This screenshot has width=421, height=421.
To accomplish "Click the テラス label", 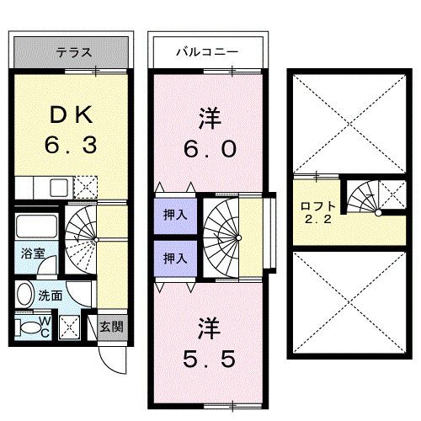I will (x=73, y=52).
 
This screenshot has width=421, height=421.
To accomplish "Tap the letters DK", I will (x=71, y=114).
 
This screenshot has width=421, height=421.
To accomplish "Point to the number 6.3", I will (x=71, y=145).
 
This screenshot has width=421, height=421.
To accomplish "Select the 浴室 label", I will (x=33, y=251).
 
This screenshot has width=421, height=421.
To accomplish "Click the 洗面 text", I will (x=50, y=296).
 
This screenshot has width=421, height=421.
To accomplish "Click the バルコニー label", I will (x=205, y=52).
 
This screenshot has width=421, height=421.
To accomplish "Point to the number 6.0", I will (x=210, y=149).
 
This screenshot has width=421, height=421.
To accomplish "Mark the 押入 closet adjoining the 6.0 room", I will (x=175, y=215).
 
